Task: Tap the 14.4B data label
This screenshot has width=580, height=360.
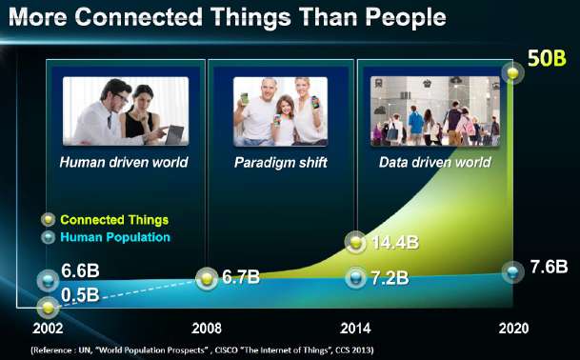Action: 394,243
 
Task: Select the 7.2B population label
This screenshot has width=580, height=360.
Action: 390,278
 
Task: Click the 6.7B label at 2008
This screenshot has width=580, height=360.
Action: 241,278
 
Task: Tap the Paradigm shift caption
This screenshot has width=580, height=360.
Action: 280,162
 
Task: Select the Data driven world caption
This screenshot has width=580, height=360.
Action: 434,162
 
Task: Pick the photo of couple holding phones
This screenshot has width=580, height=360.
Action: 280,111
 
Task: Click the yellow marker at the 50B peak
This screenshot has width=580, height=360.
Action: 514,72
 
